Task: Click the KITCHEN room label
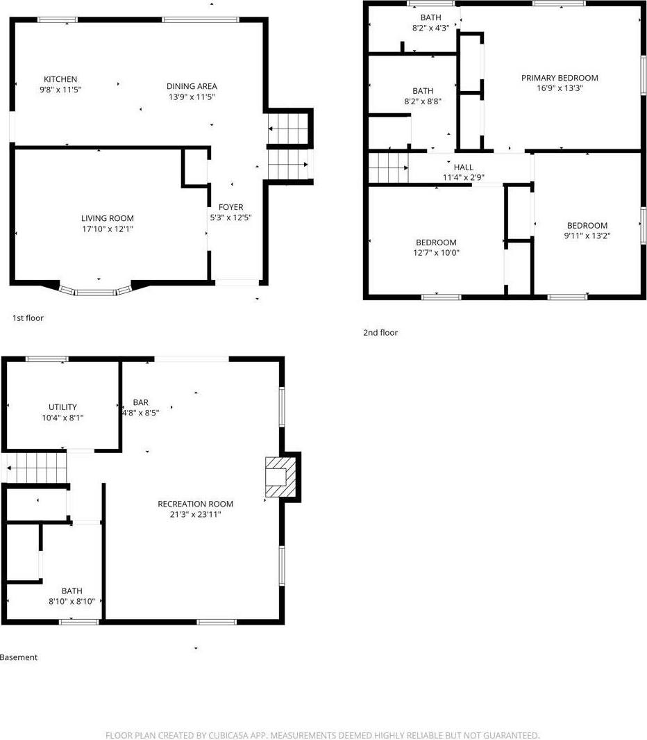pos(60,79)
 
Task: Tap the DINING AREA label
pos(192,86)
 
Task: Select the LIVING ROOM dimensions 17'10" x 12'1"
pos(108,229)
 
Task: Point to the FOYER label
pos(231,207)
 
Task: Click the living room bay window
pos(95,291)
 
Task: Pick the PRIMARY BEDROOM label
pos(560,78)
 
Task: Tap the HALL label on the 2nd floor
pos(464,167)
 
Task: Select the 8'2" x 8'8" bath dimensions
pos(423,101)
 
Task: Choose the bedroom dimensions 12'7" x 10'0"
pos(436,253)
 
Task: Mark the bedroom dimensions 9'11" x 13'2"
pos(587,236)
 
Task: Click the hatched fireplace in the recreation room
pos(281,477)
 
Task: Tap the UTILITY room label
pos(62,407)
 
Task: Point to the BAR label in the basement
pos(141,402)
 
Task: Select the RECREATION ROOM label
pos(195,504)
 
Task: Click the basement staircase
pos(36,467)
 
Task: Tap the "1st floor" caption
pos(28,318)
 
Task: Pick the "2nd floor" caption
pos(380,333)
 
